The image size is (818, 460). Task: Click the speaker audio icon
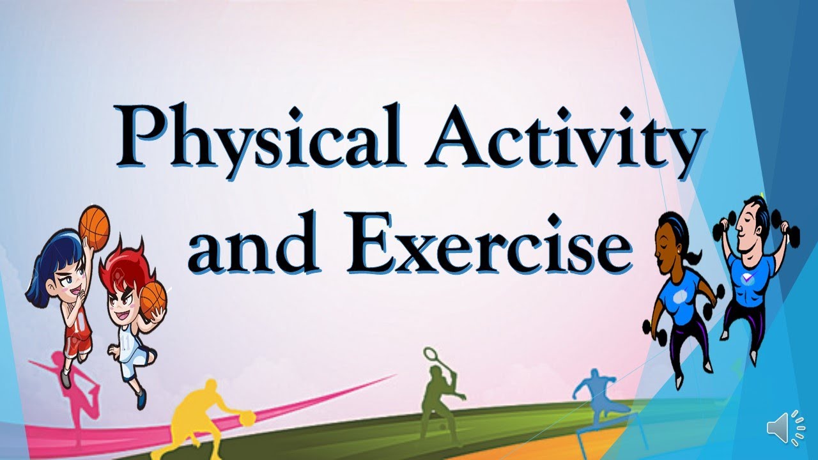click(786, 427)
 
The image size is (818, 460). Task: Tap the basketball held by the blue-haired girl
click(95, 227)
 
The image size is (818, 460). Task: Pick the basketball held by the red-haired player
click(153, 298)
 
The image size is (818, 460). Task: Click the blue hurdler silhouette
click(598, 396)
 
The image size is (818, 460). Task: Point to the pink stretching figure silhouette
click(73, 390)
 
